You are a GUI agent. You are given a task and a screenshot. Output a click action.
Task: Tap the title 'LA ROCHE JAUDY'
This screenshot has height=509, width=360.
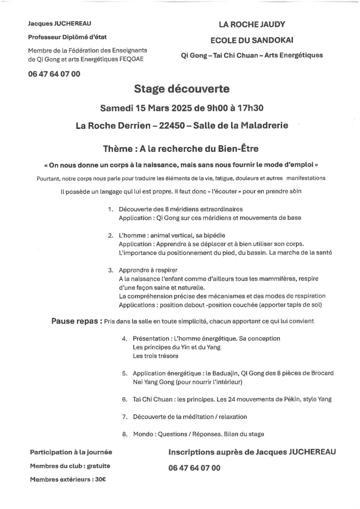coord(252,24)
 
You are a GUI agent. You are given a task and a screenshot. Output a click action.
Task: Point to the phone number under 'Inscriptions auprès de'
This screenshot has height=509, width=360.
coord(194,468)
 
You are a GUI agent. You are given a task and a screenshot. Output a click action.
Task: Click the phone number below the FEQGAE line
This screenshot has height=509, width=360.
coord(54,74)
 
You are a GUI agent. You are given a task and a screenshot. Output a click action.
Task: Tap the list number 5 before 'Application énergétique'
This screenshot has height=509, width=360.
coord(125,373)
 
